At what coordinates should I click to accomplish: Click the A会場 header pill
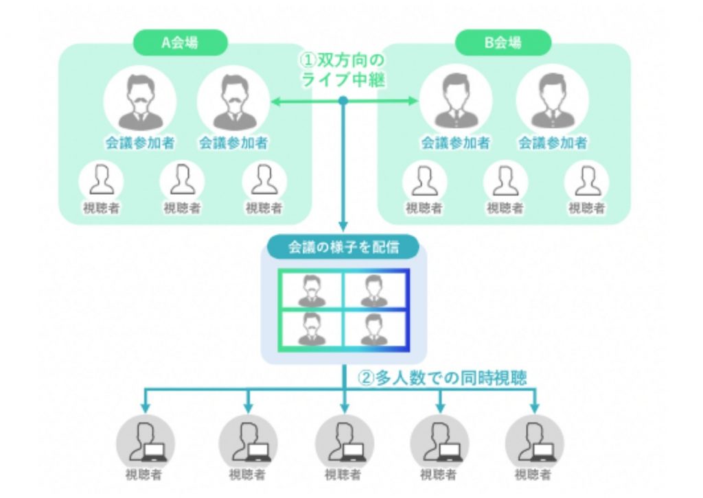click(181, 43)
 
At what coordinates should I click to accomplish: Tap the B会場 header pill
click(503, 43)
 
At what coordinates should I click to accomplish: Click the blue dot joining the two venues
click(343, 101)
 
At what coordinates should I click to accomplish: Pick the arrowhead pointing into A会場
click(276, 102)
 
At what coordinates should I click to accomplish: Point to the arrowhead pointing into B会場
click(413, 101)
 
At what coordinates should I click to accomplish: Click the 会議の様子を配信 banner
click(343, 247)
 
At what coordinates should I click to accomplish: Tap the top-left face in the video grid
click(312, 291)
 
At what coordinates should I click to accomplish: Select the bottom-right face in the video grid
click(373, 330)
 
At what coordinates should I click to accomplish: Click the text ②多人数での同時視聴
click(442, 378)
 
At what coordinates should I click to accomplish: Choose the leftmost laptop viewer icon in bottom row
click(146, 443)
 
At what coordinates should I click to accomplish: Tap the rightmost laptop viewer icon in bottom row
click(534, 443)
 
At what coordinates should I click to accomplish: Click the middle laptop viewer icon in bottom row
click(345, 443)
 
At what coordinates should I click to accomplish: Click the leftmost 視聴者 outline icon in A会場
click(102, 181)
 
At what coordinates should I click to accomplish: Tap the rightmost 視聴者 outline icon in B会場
click(586, 181)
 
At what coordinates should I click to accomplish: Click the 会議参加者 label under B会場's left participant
click(455, 143)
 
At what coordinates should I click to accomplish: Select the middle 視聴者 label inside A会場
click(182, 208)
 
